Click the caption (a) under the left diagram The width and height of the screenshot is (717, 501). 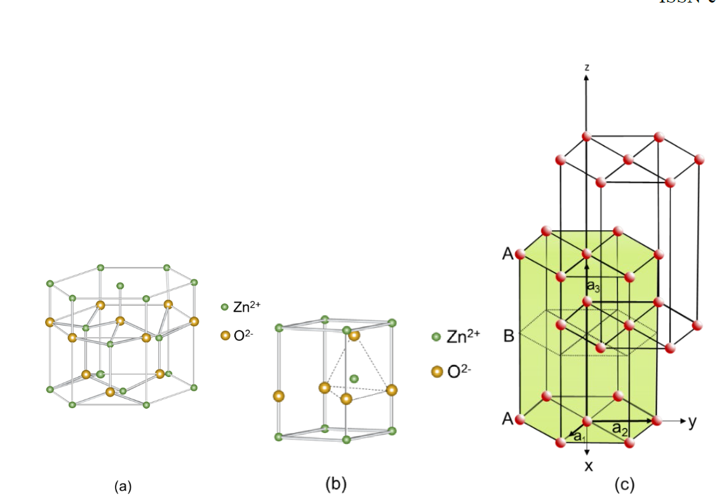tap(123, 487)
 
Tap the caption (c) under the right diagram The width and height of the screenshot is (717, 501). tap(624, 486)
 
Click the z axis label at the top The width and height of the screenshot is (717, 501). tap(587, 66)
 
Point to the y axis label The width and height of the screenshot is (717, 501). tap(692, 421)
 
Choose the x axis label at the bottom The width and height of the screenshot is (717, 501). tap(588, 466)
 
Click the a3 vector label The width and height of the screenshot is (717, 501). tap(593, 287)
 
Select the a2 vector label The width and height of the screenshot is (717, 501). tap(621, 429)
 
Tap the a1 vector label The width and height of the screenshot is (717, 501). tap(579, 436)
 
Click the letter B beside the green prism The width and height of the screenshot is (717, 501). tap(509, 336)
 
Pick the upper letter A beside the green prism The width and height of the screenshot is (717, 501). tap(507, 255)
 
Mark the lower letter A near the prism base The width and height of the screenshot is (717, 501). tap(507, 419)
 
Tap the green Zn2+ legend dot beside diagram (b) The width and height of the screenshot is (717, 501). tap(436, 336)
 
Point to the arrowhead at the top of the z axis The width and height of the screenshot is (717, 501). tap(587, 78)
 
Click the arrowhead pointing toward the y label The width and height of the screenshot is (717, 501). tap(682, 421)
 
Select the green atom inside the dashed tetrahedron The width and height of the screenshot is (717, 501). tap(354, 379)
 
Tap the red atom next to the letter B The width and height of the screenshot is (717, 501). tap(560, 325)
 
